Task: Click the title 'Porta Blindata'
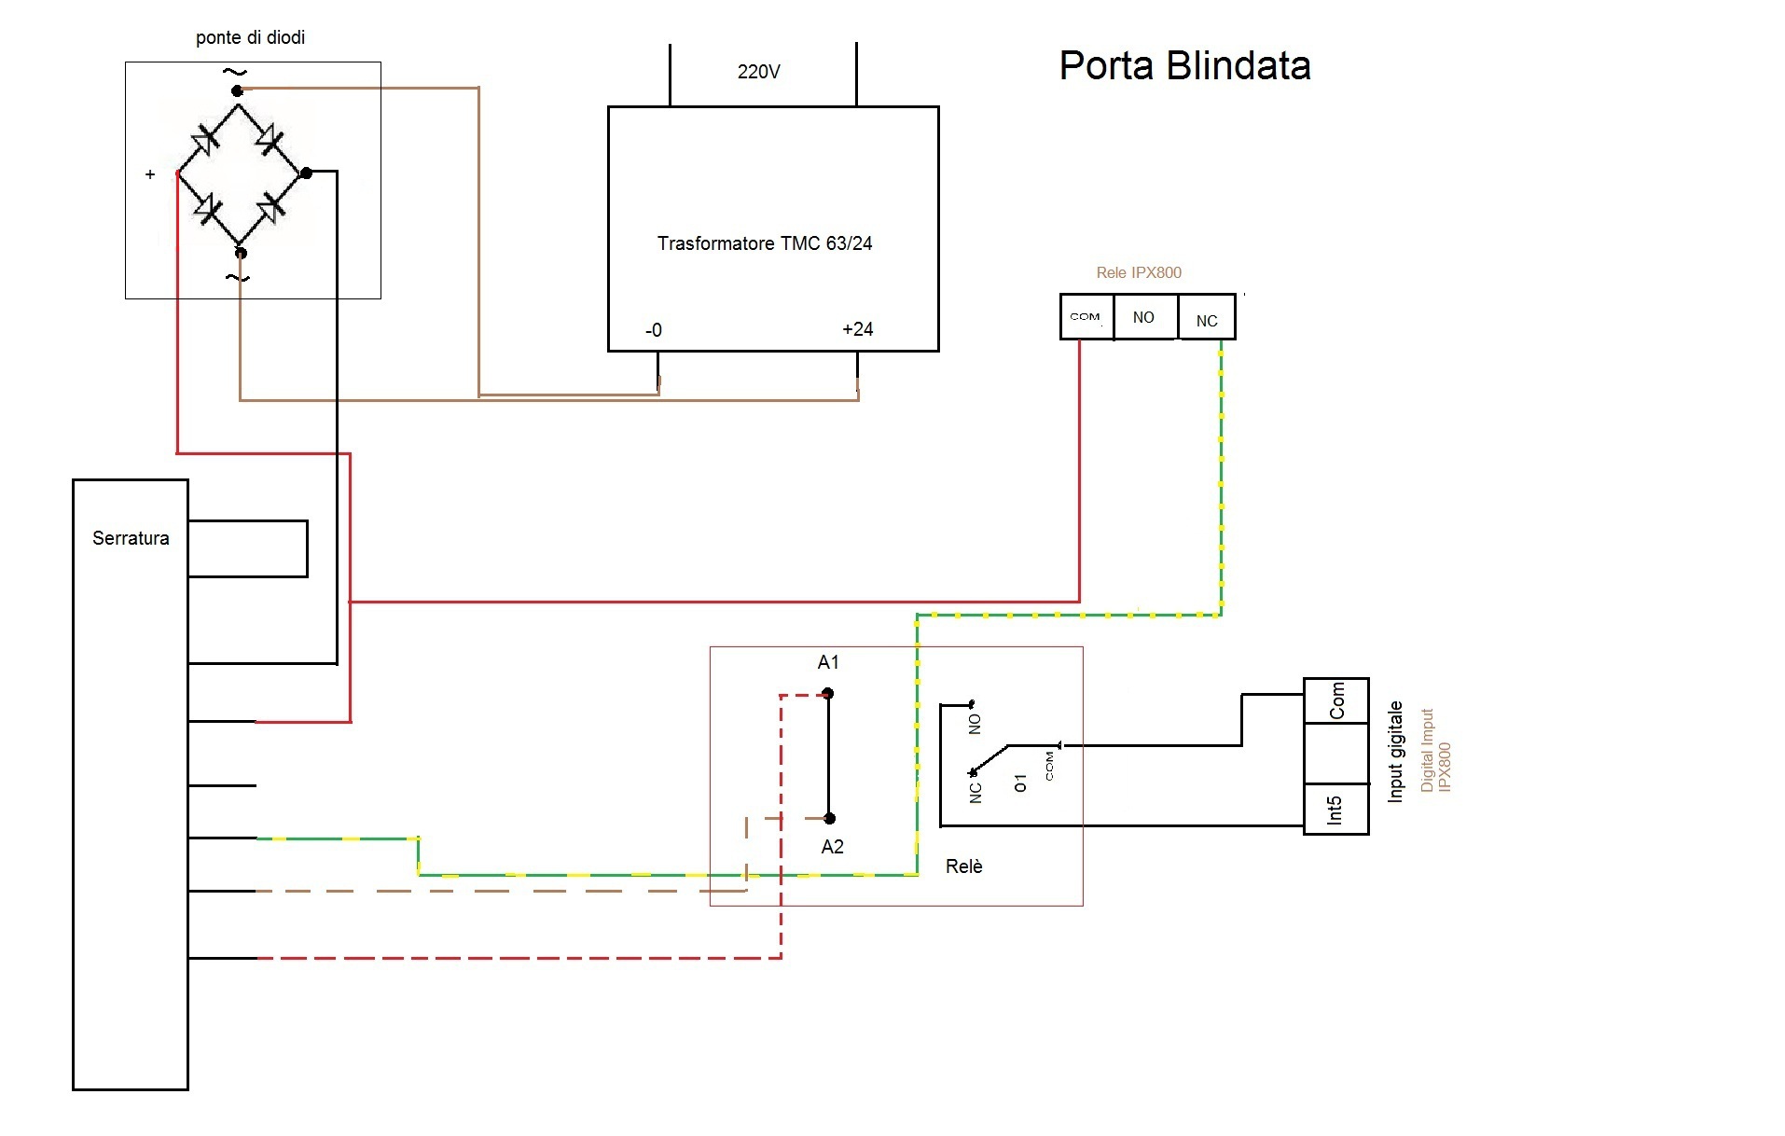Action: tap(1184, 66)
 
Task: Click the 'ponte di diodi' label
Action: tap(250, 37)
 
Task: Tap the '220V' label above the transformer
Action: tap(758, 72)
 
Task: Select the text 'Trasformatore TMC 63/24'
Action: tap(765, 243)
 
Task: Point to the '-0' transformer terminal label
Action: tap(653, 330)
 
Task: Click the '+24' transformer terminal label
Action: tap(857, 329)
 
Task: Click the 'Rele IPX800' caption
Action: tap(1139, 272)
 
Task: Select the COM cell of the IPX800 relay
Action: tap(1086, 317)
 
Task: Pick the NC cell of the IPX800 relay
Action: tap(1207, 317)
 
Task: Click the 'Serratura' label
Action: tap(131, 538)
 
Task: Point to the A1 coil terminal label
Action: tap(828, 662)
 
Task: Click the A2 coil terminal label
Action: tap(832, 847)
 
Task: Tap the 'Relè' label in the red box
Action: tap(963, 866)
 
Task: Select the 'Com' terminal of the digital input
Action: tap(1336, 700)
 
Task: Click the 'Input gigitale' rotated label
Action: tap(1395, 752)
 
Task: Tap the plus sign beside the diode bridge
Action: tap(150, 174)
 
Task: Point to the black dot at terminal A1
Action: tap(827, 694)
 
